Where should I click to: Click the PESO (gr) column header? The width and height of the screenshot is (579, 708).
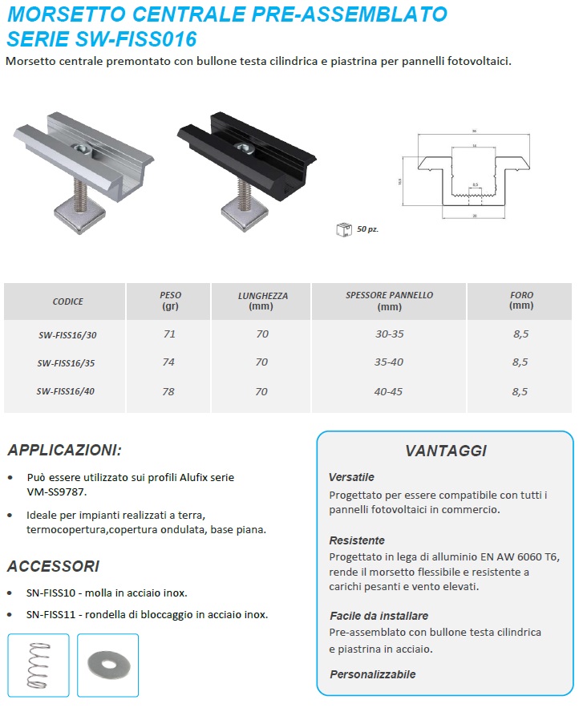[x=169, y=301]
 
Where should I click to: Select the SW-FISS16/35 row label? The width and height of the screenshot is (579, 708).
[x=67, y=362]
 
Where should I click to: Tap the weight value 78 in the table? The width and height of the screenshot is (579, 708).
[x=169, y=390]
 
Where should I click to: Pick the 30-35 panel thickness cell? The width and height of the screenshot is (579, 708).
[x=389, y=334]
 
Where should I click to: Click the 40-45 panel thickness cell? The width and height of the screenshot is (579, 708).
[x=389, y=390]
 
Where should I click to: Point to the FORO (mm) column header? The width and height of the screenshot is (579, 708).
[x=520, y=301]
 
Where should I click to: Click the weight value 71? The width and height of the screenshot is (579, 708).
[x=169, y=334]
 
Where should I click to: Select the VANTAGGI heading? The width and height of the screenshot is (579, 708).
[x=445, y=451]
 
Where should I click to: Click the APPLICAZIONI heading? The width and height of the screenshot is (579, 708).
[x=64, y=449]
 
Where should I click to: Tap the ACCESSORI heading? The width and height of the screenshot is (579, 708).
[x=53, y=567]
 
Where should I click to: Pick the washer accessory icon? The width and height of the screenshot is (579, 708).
[x=107, y=663]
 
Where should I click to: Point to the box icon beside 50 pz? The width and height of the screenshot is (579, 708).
[x=343, y=229]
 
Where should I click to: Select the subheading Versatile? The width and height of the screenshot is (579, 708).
[x=351, y=477]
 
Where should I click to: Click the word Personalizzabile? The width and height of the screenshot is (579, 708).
[x=373, y=674]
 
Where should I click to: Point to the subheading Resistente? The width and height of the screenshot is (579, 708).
[x=357, y=540]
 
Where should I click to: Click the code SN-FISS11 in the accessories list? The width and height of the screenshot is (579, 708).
[x=50, y=615]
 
